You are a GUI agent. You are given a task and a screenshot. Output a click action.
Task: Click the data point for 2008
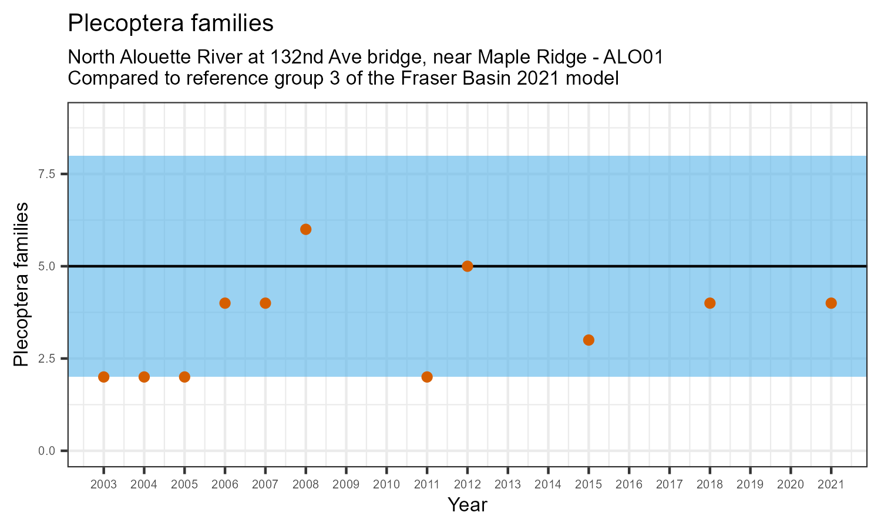coord(305,229)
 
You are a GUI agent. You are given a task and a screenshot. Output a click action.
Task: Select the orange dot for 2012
coord(468,266)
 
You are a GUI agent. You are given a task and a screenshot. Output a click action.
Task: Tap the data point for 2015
coord(589,340)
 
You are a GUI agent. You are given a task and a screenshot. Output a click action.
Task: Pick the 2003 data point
coord(104,377)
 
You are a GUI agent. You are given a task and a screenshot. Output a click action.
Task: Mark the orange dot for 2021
coord(831,303)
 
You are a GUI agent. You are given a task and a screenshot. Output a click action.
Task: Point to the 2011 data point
coord(427,377)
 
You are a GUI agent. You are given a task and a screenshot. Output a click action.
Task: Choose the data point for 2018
coord(709,303)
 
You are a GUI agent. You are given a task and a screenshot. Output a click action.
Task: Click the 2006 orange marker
coord(225,303)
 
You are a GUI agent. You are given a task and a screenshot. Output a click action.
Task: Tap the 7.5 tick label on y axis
coord(47,174)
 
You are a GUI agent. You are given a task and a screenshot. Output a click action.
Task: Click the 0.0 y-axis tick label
coord(47,451)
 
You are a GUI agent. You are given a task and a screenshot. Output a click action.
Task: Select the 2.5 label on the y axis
coord(47,359)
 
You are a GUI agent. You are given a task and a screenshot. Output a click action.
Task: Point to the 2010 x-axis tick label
coord(386,484)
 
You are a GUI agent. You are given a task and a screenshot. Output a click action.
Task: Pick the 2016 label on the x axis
coord(629,484)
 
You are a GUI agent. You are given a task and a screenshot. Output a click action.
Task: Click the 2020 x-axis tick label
coord(791,484)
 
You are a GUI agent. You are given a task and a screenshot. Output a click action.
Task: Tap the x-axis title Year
coord(468,504)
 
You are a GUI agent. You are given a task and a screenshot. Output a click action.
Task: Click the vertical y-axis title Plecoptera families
coord(21,284)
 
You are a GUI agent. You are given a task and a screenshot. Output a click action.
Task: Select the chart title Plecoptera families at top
coord(171,24)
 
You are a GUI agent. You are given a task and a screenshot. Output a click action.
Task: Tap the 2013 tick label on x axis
coord(508,484)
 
